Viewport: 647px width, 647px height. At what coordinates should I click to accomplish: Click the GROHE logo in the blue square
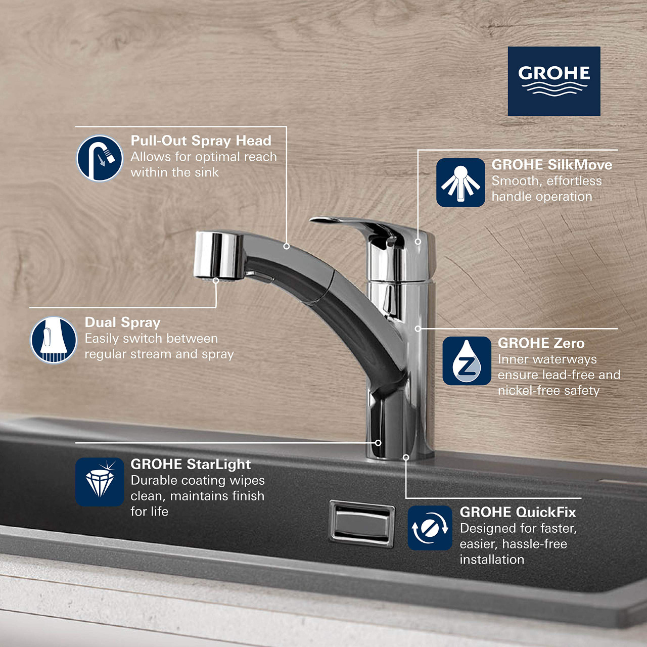click(x=554, y=81)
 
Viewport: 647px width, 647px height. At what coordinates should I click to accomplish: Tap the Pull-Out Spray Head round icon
click(x=100, y=158)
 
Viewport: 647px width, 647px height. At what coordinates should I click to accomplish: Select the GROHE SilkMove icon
click(x=460, y=182)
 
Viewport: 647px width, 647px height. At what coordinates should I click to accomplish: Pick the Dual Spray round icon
click(x=54, y=340)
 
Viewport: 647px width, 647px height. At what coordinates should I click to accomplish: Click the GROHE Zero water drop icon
click(x=467, y=361)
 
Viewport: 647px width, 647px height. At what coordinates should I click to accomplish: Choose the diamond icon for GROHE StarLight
click(x=100, y=482)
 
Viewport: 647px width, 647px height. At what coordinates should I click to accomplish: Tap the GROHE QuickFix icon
click(x=430, y=528)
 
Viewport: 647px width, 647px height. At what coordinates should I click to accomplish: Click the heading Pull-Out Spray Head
click(x=201, y=141)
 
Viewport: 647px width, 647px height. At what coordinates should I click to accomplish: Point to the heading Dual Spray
click(x=122, y=322)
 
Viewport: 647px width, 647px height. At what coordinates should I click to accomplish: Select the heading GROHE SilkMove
click(x=551, y=165)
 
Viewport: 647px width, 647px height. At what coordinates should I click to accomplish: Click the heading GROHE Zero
click(x=541, y=343)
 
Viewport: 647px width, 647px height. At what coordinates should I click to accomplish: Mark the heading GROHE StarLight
click(x=191, y=464)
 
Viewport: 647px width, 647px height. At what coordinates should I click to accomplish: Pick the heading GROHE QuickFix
click(x=518, y=512)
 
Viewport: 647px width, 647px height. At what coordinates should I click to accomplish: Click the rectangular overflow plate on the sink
click(x=361, y=523)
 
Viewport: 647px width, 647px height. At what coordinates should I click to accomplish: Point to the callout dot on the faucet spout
click(x=287, y=246)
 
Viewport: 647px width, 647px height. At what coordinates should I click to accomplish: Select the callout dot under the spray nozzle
click(x=216, y=280)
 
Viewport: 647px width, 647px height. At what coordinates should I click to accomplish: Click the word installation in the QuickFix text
click(x=492, y=560)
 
